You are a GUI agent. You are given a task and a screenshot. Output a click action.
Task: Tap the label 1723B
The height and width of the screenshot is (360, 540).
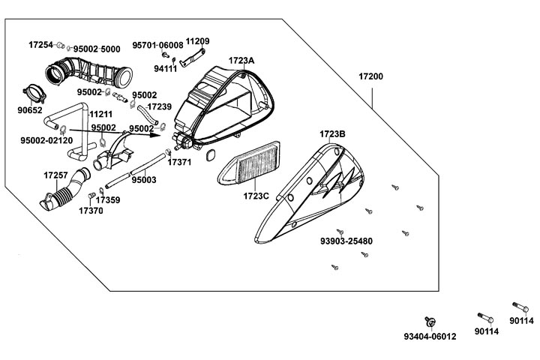pyautogui.click(x=332, y=134)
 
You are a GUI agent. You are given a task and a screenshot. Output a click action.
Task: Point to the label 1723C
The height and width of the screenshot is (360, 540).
pyautogui.click(x=256, y=196)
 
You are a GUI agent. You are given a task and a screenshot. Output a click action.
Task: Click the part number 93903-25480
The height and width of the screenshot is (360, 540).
pyautogui.click(x=346, y=241)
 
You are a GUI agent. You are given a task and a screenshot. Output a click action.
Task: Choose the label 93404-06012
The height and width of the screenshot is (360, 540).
pyautogui.click(x=429, y=337)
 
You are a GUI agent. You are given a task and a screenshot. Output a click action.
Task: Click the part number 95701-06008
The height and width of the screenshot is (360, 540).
pyautogui.click(x=157, y=45)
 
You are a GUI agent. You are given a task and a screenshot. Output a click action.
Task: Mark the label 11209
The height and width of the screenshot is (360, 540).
pyautogui.click(x=197, y=41)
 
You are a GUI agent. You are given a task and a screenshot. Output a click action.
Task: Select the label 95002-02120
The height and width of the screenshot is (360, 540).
pyautogui.click(x=46, y=140)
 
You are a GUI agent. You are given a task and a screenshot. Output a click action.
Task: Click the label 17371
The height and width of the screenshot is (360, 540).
pyautogui.click(x=179, y=161)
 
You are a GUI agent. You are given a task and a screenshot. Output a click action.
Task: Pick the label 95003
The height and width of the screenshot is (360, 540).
pyautogui.click(x=144, y=180)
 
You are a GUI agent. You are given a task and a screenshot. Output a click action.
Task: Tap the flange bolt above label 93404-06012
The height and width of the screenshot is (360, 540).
pyautogui.click(x=431, y=321)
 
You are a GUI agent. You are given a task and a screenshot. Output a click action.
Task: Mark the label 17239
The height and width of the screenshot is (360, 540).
pyautogui.click(x=159, y=107)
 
